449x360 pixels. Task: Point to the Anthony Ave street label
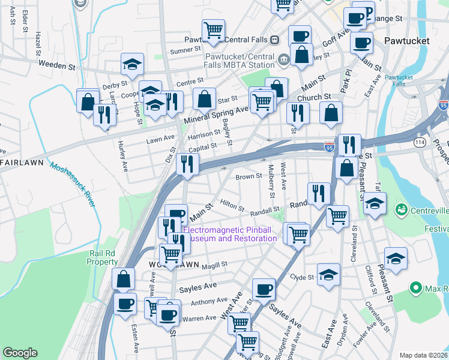tap(209, 301)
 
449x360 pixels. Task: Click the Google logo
tap(20, 353)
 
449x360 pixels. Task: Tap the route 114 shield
tap(420, 142)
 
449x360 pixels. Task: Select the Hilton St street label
tap(232, 205)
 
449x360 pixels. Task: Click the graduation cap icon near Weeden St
tap(133, 63)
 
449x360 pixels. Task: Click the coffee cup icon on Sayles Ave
tap(264, 290)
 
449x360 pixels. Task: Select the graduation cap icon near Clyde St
tap(328, 275)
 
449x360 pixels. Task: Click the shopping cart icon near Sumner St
tap(213, 29)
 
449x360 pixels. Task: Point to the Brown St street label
tap(249, 176)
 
